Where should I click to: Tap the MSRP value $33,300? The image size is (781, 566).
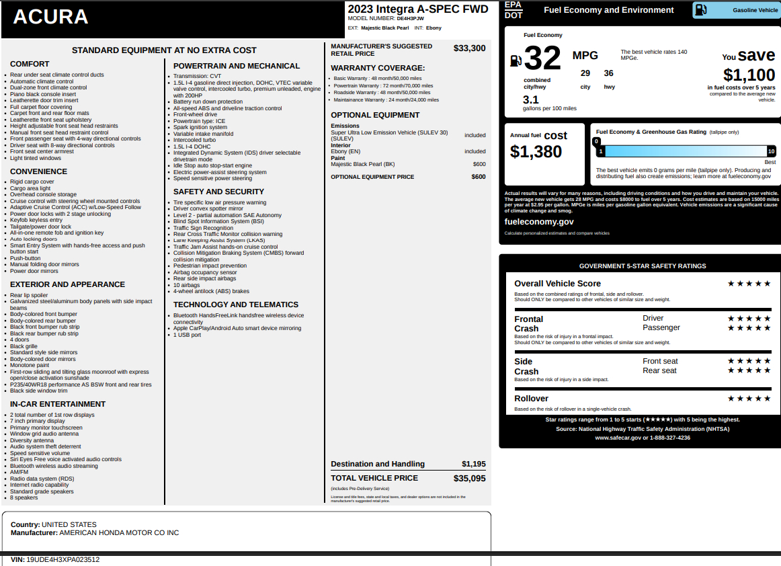[x=469, y=48]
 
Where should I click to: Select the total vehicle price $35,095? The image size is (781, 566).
[x=469, y=479]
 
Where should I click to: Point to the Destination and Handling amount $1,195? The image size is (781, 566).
[x=473, y=464]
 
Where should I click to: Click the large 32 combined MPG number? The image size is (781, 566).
[x=542, y=58]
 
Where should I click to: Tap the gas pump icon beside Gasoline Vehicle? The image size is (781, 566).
[x=700, y=10]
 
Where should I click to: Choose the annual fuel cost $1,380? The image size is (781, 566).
[x=536, y=152]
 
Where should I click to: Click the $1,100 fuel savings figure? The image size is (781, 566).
[x=749, y=75]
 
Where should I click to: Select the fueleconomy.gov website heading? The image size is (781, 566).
[x=539, y=222]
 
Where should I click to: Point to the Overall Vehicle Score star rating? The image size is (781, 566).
[x=749, y=284]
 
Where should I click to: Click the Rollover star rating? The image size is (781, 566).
[x=749, y=399]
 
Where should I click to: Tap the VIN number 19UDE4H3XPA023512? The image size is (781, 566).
[x=63, y=559]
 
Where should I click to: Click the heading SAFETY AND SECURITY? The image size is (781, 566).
[x=218, y=192]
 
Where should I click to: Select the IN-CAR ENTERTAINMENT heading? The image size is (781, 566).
[x=58, y=404]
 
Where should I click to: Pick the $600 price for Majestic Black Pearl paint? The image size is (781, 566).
[x=479, y=164]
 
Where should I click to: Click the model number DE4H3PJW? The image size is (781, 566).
[x=410, y=19]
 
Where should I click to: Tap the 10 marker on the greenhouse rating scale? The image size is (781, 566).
[x=771, y=151]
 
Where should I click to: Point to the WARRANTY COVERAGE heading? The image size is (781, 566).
[x=378, y=68]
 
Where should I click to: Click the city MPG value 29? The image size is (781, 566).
[x=585, y=73]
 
